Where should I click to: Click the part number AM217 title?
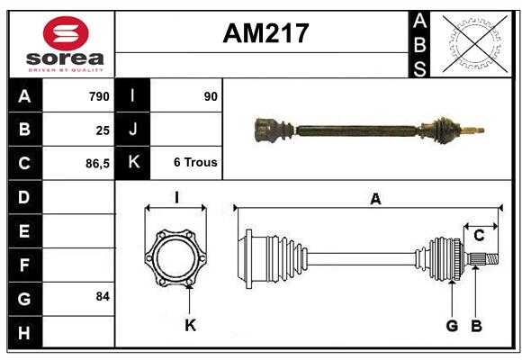pyautogui.click(x=265, y=33)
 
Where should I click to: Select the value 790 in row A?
pyautogui.click(x=98, y=96)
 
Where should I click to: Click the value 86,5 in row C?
pyautogui.click(x=94, y=164)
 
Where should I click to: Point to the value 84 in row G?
pyautogui.click(x=102, y=296)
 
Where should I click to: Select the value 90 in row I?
pyautogui.click(x=211, y=96)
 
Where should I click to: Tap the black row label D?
pyautogui.click(x=24, y=196)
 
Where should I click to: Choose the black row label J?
pyautogui.click(x=133, y=130)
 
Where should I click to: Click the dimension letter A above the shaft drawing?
pyautogui.click(x=375, y=200)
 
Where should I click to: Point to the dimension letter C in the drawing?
pyautogui.click(x=479, y=236)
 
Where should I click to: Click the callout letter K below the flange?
pyautogui.click(x=190, y=325)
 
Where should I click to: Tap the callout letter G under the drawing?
pyautogui.click(x=452, y=325)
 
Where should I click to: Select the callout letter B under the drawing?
pyautogui.click(x=477, y=325)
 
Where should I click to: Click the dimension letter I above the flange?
pyautogui.click(x=176, y=197)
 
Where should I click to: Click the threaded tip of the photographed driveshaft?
pyautogui.click(x=476, y=130)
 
